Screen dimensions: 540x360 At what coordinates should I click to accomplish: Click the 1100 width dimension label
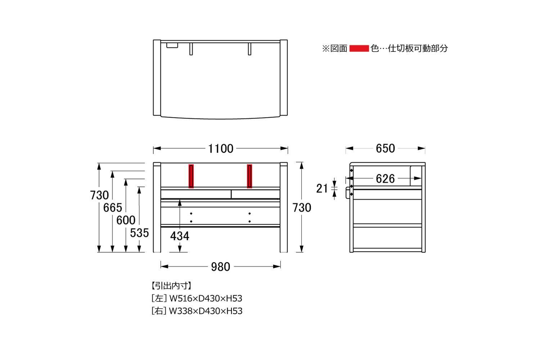[x=221, y=149]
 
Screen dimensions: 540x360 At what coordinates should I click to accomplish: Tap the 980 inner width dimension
[x=221, y=267]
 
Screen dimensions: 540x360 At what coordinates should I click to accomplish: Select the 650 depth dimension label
[x=385, y=148]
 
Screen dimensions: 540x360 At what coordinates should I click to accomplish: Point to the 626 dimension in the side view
[x=385, y=179]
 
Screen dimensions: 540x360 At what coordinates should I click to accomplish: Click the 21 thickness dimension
[x=322, y=189]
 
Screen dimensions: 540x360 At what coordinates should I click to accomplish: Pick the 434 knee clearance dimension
[x=180, y=236]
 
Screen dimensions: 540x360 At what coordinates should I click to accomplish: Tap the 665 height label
[x=113, y=208]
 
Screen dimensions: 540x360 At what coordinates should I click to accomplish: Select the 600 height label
[x=126, y=220]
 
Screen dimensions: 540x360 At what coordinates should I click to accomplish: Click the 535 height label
[x=139, y=233]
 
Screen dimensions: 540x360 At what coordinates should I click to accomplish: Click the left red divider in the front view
[x=191, y=176]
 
